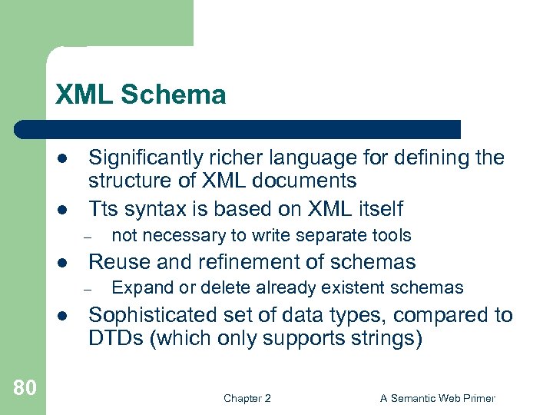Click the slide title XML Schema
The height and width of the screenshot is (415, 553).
pos(141,95)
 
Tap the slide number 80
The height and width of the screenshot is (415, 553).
pos(25,388)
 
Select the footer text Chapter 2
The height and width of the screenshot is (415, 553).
pos(247,398)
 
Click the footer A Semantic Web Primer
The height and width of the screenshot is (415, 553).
pos(437,398)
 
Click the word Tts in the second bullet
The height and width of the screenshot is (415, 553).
pos(104,209)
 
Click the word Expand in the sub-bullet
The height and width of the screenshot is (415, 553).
pos(137,288)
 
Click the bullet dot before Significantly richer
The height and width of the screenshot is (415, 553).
pos(61,158)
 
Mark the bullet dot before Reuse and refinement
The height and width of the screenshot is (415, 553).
pos(61,262)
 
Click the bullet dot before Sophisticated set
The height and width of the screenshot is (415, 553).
pos(61,315)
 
